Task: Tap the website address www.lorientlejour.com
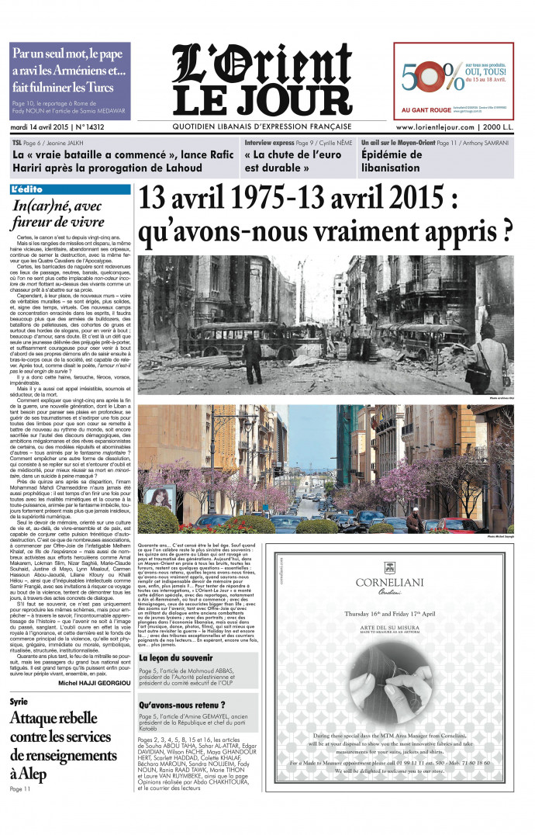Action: tap(435, 127)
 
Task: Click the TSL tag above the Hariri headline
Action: tap(16, 144)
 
